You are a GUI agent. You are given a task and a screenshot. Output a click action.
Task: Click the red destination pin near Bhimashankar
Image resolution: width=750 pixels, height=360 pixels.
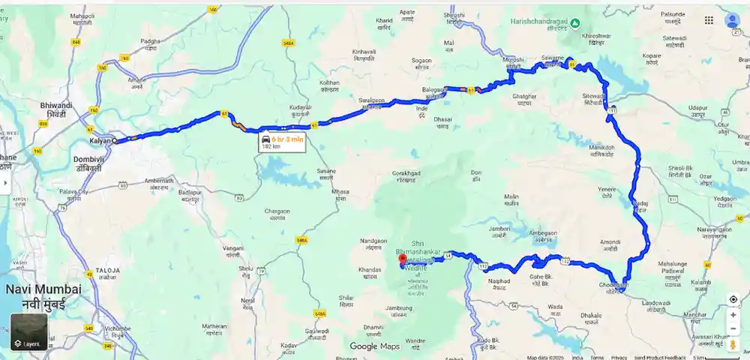[402, 261]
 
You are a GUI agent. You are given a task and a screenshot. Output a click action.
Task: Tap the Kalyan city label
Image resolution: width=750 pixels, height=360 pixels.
[100, 140]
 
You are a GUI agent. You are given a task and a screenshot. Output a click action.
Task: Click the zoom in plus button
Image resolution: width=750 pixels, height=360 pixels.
[733, 315]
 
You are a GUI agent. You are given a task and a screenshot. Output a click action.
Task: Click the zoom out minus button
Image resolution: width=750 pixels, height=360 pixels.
[733, 330]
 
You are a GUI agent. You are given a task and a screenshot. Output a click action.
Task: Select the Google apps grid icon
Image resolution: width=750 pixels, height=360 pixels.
[709, 20]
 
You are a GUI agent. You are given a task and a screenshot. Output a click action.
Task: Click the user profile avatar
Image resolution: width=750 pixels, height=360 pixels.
[733, 20]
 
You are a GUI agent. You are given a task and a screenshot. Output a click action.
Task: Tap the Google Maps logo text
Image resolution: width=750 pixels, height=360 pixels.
[373, 346]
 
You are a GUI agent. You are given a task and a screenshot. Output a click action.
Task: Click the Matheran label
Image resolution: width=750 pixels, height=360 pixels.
[214, 325]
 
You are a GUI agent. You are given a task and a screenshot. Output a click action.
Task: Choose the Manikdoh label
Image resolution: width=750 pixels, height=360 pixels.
[601, 147]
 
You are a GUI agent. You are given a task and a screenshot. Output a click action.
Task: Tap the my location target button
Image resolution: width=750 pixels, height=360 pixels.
[733, 299]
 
